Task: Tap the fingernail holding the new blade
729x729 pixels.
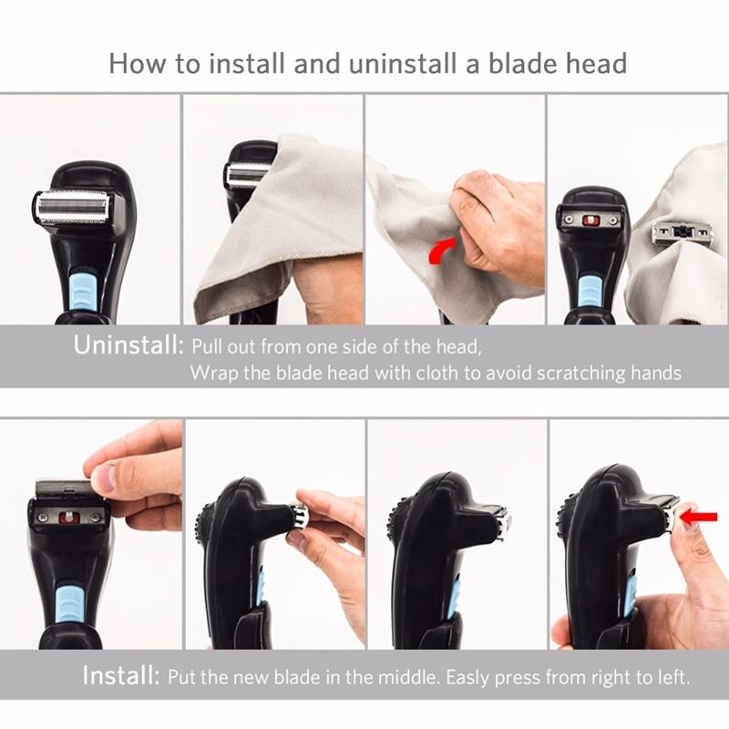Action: [x=101, y=477]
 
